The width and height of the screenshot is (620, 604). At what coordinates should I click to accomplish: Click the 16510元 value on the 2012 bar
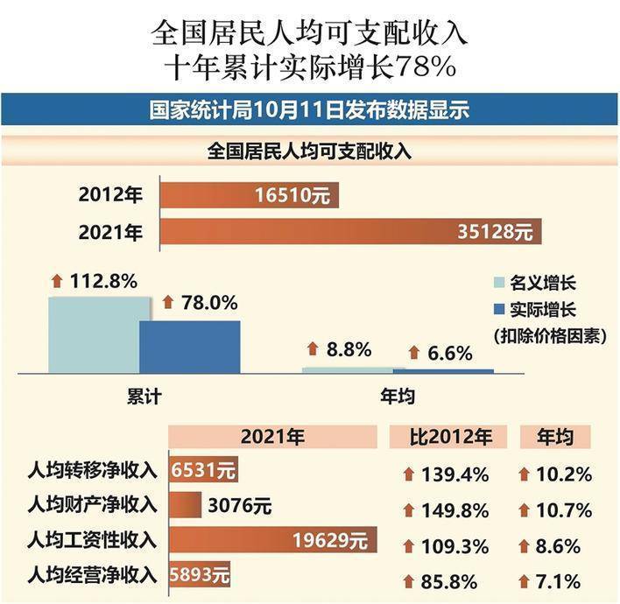pyautogui.click(x=292, y=196)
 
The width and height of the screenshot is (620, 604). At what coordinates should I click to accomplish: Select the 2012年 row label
pyautogui.click(x=110, y=196)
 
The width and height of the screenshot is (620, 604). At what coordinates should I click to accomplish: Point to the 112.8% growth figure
pyautogui.click(x=102, y=281)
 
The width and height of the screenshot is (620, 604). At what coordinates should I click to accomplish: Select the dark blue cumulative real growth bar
pyautogui.click(x=189, y=347)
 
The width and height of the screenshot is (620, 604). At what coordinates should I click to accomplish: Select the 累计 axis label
pyautogui.click(x=144, y=397)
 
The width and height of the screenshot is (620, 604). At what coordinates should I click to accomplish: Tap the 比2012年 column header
pyautogui.click(x=451, y=437)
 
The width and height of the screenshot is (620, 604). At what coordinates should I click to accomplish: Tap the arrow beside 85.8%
pyautogui.click(x=407, y=580)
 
